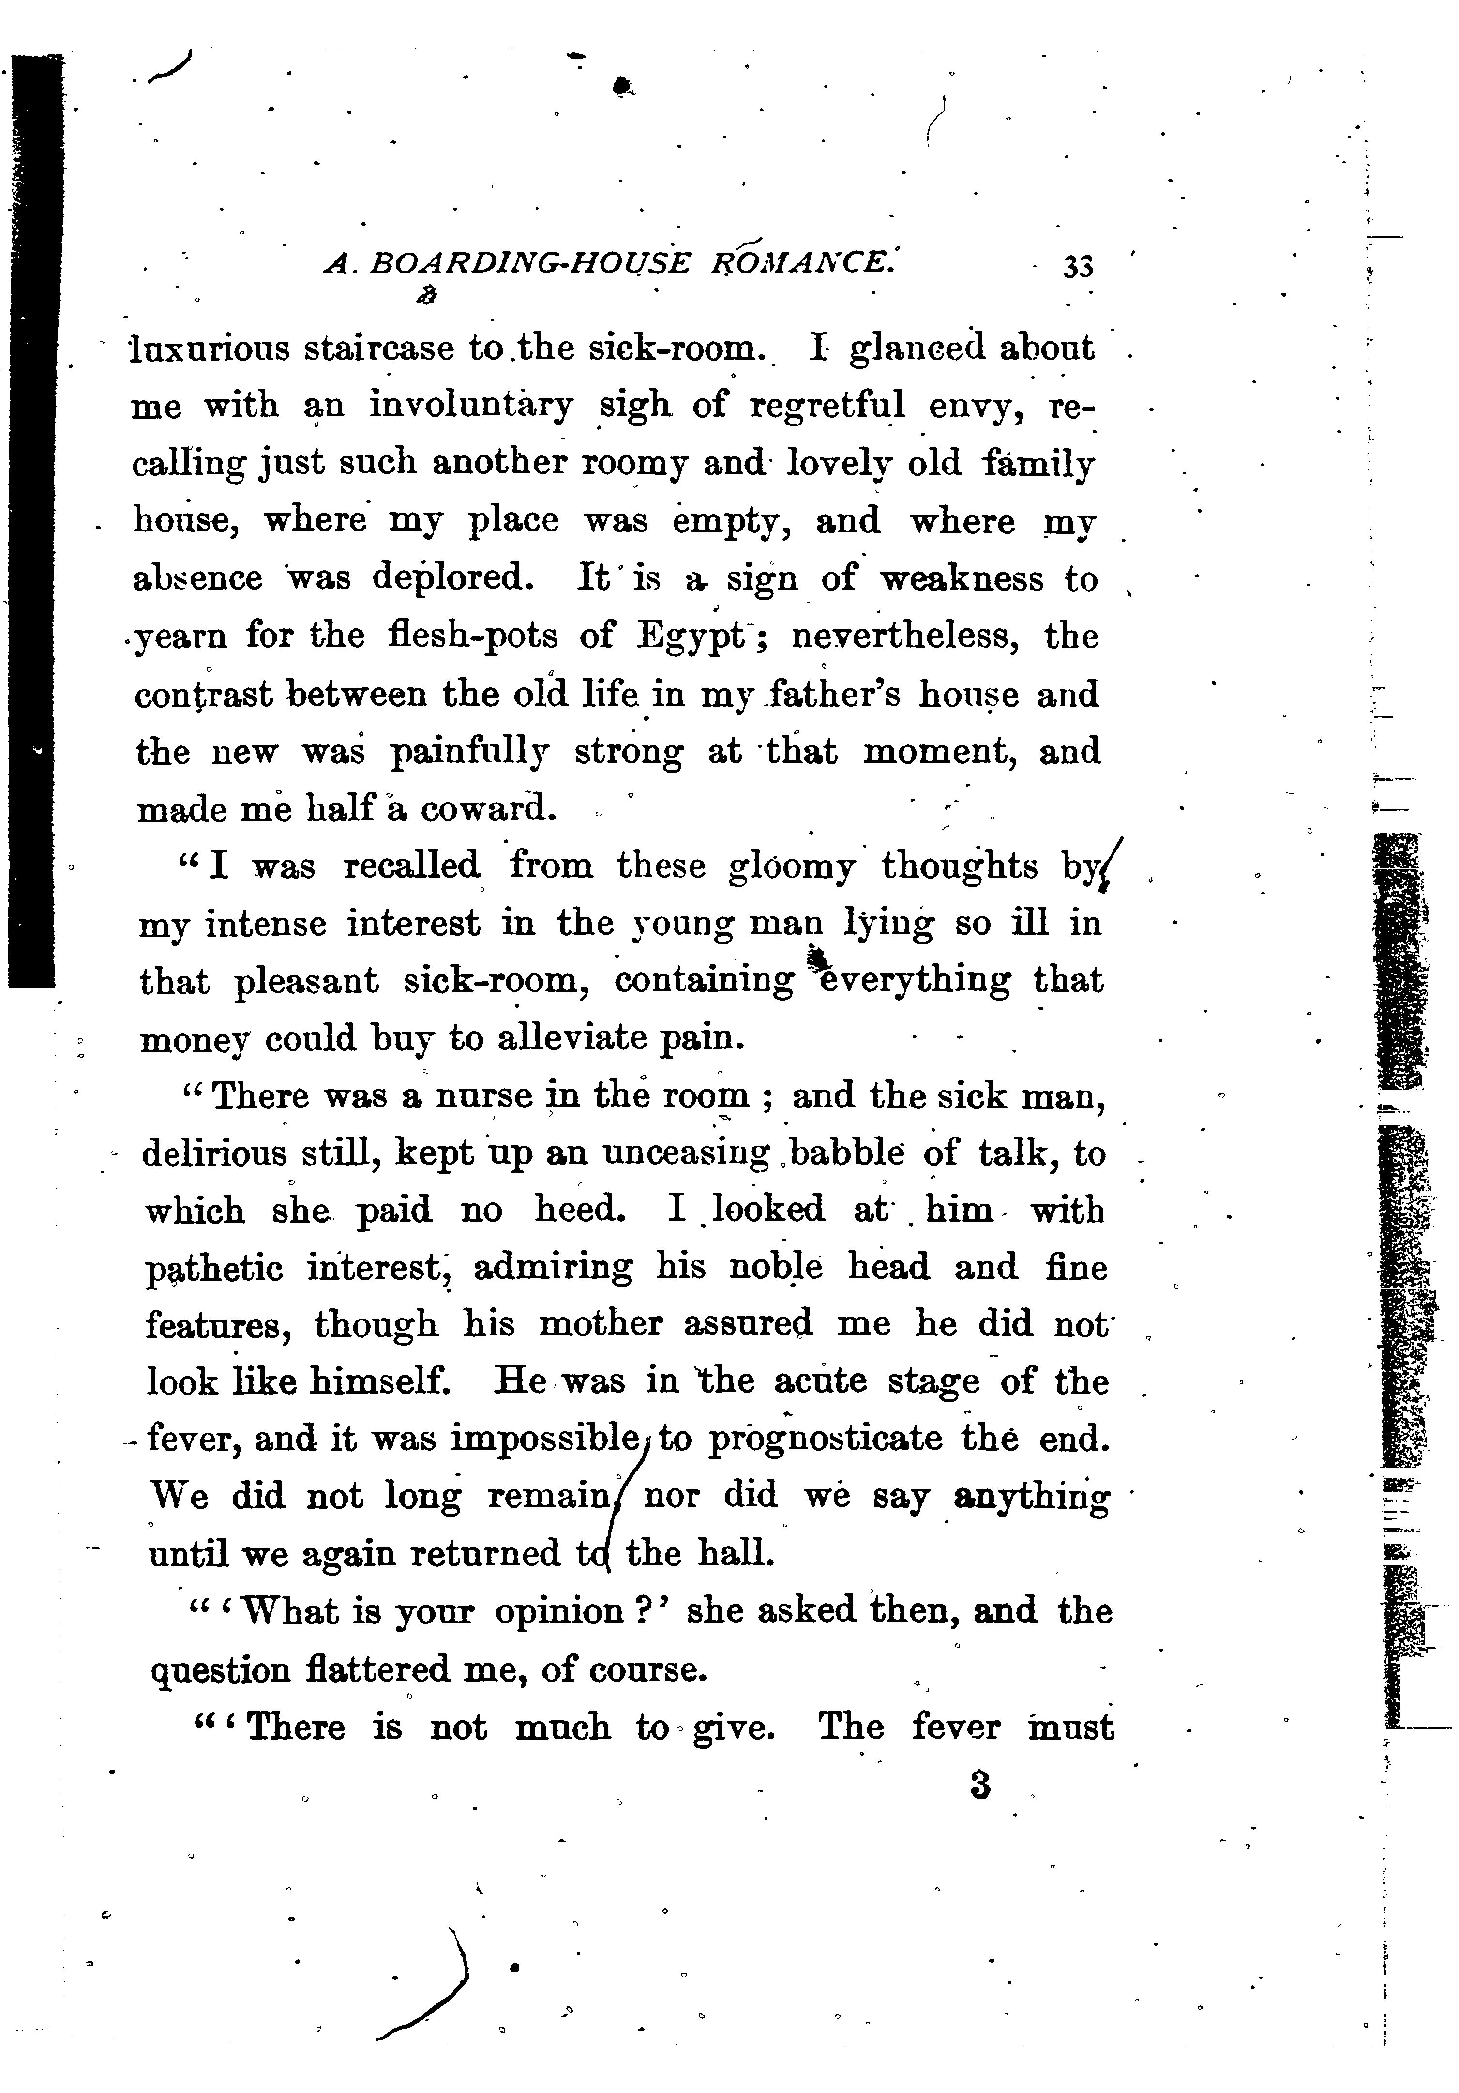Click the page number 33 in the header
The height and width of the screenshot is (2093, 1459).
tap(1077, 267)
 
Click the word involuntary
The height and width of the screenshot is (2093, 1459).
tap(471, 405)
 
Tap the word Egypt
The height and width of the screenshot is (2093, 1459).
tap(690, 637)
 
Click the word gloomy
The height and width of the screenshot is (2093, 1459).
tap(791, 867)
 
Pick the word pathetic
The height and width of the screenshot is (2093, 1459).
tap(214, 1269)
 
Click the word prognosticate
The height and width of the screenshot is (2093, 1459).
tap(826, 1440)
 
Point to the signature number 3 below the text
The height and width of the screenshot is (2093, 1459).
tap(980, 1785)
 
